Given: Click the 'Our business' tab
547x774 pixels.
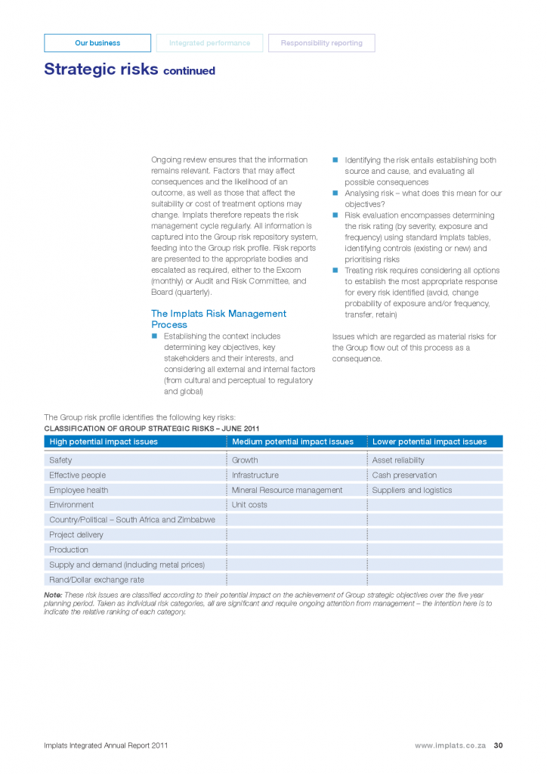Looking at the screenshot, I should [x=97, y=43].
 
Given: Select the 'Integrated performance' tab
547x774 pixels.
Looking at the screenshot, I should [x=209, y=43].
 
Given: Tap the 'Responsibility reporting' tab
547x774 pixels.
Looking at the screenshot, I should [x=321, y=43].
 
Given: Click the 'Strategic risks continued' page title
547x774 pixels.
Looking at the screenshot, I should [x=129, y=70].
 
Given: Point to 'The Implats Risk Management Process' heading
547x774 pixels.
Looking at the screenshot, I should [x=218, y=319].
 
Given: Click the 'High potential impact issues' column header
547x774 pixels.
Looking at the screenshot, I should [x=104, y=441].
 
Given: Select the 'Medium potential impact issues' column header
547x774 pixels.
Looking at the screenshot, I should [x=292, y=441].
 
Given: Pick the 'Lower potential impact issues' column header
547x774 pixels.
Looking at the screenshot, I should [x=429, y=441].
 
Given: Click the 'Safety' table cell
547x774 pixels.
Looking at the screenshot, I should [x=61, y=460].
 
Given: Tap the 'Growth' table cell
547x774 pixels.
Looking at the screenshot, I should [x=245, y=460].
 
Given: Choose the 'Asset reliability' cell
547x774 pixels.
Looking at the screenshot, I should [x=398, y=460].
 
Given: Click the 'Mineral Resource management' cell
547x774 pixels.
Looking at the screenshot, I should [x=287, y=490].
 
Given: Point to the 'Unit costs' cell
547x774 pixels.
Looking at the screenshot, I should [x=249, y=505].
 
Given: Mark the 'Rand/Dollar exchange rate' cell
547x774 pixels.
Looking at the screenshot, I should [x=97, y=580].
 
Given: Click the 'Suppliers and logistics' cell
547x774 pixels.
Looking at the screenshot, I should [x=412, y=490].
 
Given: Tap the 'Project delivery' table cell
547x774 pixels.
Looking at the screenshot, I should [x=76, y=535].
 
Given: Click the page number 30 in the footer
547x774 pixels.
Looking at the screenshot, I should [x=498, y=745].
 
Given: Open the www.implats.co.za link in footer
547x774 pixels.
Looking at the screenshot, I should [x=450, y=745].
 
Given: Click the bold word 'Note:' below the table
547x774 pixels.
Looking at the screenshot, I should [x=53, y=596].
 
